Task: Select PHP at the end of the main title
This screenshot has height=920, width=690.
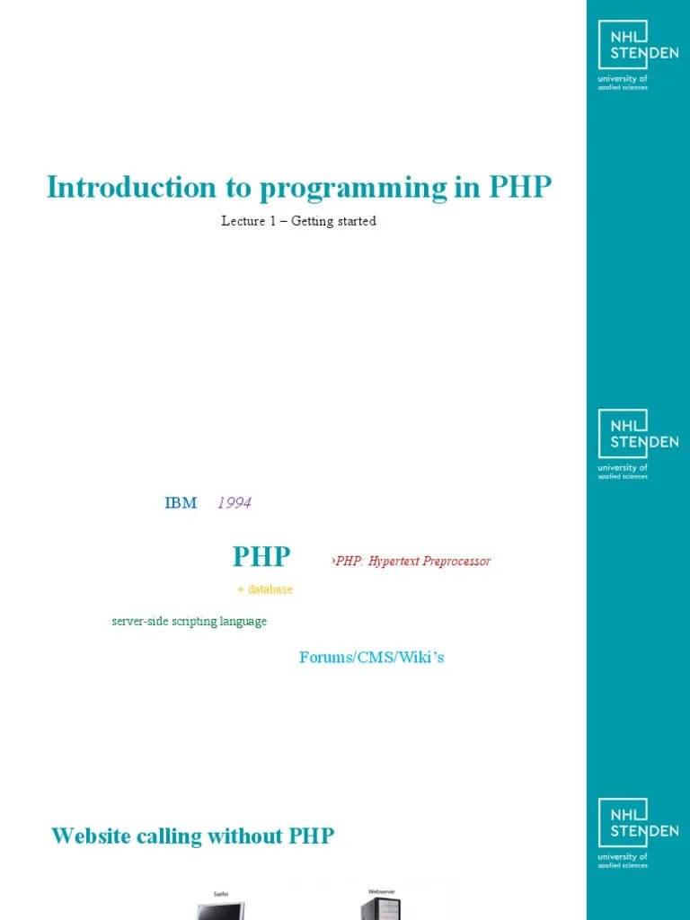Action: click(520, 188)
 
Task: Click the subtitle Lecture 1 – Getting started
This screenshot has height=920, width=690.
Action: click(298, 221)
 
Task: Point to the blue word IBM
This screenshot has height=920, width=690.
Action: click(181, 503)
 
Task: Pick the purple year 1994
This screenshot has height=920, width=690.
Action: click(234, 503)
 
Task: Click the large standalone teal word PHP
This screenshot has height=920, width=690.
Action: click(261, 557)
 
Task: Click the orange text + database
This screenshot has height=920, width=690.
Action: click(265, 589)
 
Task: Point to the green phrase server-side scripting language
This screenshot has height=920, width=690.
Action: click(189, 622)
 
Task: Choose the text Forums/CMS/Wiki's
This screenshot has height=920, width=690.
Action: click(371, 658)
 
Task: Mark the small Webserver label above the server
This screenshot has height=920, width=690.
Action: click(382, 892)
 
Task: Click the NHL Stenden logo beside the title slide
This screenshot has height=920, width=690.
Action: click(638, 57)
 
